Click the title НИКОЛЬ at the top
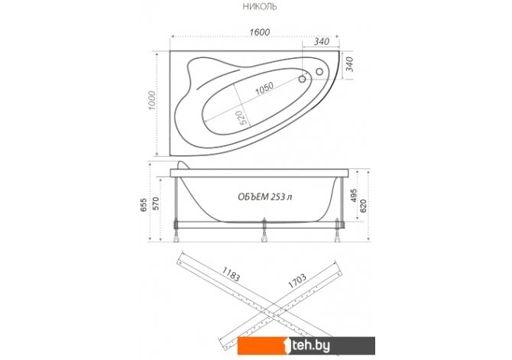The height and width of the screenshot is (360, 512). tap(260, 7)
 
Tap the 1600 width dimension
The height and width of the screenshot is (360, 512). tap(260, 32)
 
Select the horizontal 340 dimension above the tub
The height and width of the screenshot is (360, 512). tap(322, 41)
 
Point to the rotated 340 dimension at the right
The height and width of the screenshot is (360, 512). tap(349, 64)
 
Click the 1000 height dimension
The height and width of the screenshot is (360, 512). tap(153, 100)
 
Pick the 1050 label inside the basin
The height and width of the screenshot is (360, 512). tap(264, 88)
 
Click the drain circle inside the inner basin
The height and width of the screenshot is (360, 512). tap(303, 79)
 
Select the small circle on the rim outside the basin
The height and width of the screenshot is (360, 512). tap(319, 71)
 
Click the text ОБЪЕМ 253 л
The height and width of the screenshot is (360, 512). tap(265, 196)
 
